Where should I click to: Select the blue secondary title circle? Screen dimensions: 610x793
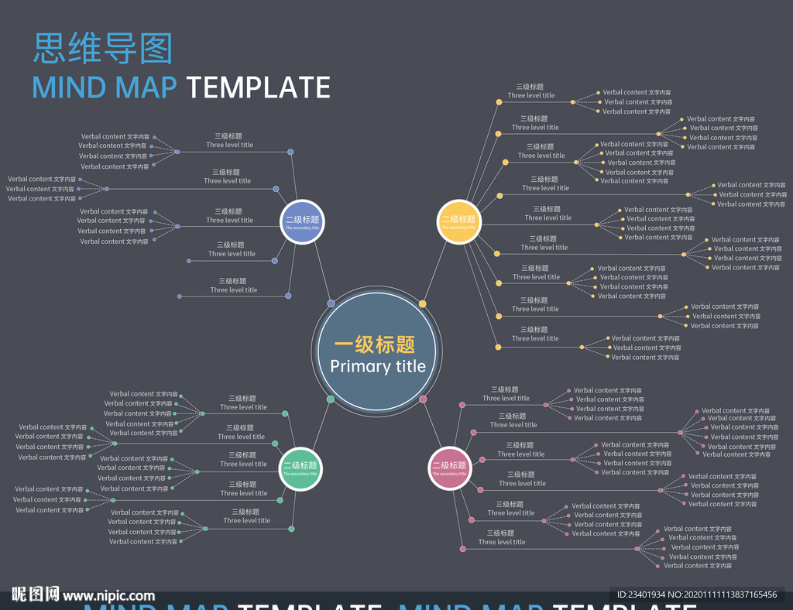point(302,222)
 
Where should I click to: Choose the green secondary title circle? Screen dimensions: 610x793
point(300,468)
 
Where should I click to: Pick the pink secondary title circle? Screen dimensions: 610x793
point(450,468)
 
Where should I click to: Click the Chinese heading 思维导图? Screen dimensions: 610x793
point(102,48)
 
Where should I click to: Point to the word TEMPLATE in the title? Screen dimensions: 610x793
point(259,87)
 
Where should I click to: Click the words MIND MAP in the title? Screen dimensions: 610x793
point(105,87)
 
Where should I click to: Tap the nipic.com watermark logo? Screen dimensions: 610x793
point(83,595)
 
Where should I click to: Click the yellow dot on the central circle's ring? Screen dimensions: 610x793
point(422,303)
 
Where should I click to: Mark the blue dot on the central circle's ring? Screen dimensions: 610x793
point(331,303)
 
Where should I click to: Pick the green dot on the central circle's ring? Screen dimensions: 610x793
point(331,399)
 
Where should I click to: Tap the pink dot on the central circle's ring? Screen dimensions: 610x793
point(423,399)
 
